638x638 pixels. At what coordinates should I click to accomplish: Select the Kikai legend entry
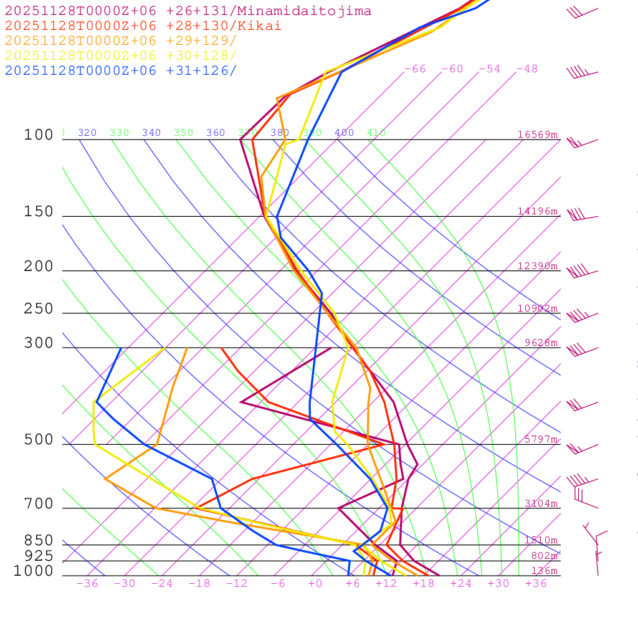[143, 26]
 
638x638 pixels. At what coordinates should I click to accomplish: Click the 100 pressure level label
[39, 135]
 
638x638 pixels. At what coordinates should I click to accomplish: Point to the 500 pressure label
[39, 440]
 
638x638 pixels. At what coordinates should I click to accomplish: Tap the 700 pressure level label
[39, 504]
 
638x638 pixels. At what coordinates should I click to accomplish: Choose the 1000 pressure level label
[34, 571]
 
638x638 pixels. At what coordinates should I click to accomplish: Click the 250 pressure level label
[39, 309]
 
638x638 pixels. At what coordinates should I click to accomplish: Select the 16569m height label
[537, 135]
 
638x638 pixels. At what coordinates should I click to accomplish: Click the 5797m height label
[540, 439]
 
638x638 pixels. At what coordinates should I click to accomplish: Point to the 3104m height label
[540, 503]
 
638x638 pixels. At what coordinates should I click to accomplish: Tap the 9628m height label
[540, 343]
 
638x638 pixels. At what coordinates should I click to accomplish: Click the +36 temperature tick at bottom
[536, 584]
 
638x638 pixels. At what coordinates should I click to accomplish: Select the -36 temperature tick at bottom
[87, 584]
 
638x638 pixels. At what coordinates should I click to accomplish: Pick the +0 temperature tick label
[315, 584]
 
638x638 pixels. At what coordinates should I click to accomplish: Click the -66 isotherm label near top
[415, 69]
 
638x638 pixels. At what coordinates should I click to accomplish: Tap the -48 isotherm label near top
[526, 69]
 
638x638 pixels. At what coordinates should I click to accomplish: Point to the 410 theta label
[376, 133]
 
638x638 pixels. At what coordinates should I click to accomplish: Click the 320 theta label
[87, 133]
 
